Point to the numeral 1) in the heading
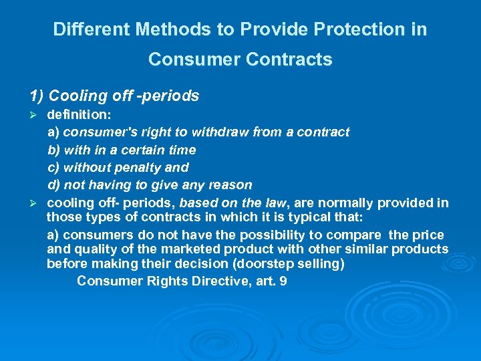click(x=37, y=96)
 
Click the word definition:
click(x=74, y=114)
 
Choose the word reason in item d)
click(x=229, y=185)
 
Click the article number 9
click(x=283, y=281)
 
